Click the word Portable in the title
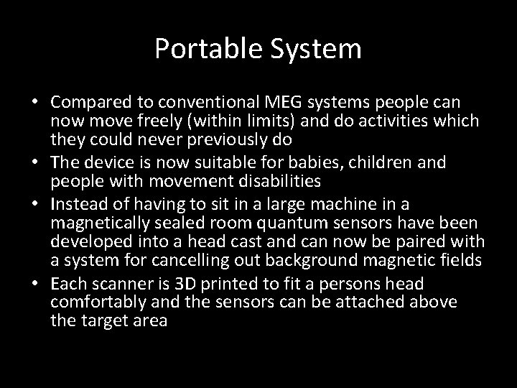tap(201, 49)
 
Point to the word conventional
tap(207, 103)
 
